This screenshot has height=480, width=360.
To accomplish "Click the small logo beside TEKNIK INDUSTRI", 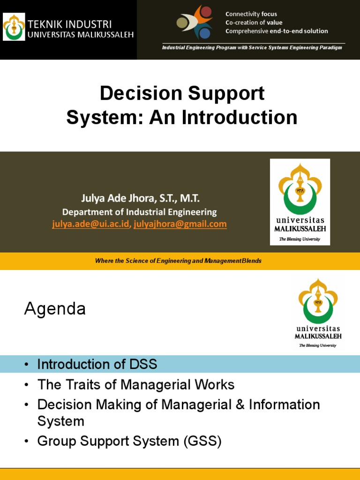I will (14, 27).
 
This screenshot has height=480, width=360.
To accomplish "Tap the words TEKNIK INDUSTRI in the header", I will (70, 24).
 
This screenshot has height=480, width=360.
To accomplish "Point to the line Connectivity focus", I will (251, 14).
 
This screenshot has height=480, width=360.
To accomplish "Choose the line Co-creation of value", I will (254, 22).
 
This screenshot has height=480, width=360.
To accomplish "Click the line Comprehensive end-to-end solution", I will (277, 31).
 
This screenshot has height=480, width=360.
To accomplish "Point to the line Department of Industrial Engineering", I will (140, 212).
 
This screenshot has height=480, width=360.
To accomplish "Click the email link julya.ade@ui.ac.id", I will (90, 224).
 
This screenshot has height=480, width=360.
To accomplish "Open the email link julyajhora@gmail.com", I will (180, 224).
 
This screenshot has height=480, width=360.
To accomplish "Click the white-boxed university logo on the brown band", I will (300, 202).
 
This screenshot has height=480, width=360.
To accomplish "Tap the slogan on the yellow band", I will (178, 261).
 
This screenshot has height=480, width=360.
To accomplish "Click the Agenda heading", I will (55, 308).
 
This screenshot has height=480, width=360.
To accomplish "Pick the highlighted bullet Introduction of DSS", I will (97, 364).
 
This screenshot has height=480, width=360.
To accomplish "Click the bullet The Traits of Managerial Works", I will (135, 385).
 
